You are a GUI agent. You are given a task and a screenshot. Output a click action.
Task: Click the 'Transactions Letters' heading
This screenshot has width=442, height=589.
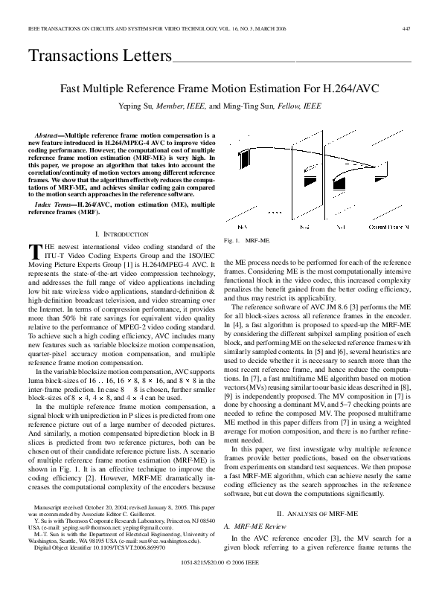click(99, 56)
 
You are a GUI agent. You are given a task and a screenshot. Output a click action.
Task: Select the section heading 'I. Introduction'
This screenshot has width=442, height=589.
click(119, 234)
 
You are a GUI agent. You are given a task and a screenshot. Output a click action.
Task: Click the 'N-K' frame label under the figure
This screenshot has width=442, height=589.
click(242, 225)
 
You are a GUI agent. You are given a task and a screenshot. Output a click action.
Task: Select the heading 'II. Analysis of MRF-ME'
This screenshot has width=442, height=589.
click(320, 513)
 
